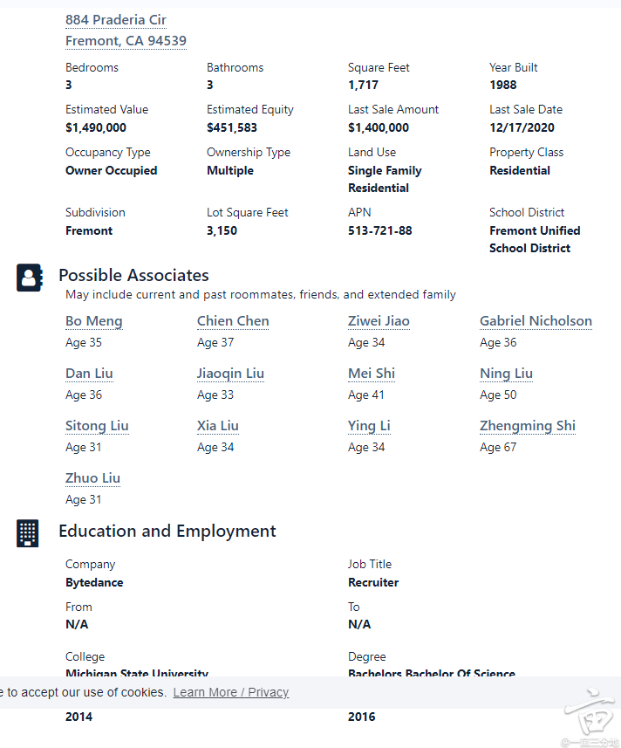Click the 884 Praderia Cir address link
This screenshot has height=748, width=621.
[116, 20]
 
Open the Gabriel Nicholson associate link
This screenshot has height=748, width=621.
[536, 321]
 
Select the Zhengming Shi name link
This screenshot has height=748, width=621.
[528, 426]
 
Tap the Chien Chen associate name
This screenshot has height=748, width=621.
[233, 321]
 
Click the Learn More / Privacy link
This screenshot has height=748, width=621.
[230, 692]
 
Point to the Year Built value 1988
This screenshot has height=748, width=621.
[503, 85]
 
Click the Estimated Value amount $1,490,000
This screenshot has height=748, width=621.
[96, 127]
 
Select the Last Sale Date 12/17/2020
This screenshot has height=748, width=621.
[522, 127]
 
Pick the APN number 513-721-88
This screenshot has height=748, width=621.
[380, 230]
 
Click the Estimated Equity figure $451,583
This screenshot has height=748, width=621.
[232, 127]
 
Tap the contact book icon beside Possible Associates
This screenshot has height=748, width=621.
[29, 278]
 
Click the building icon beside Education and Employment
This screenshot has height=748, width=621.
[28, 532]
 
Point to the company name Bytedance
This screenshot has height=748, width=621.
[94, 582]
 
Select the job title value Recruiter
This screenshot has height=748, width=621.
[373, 582]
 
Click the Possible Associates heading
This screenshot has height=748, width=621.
[133, 276]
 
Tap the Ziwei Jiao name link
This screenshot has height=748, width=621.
[379, 321]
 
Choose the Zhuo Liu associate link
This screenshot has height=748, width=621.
[93, 478]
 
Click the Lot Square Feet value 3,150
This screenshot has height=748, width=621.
[222, 230]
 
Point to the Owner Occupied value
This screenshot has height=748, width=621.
[112, 170]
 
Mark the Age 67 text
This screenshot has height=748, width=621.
[498, 447]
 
